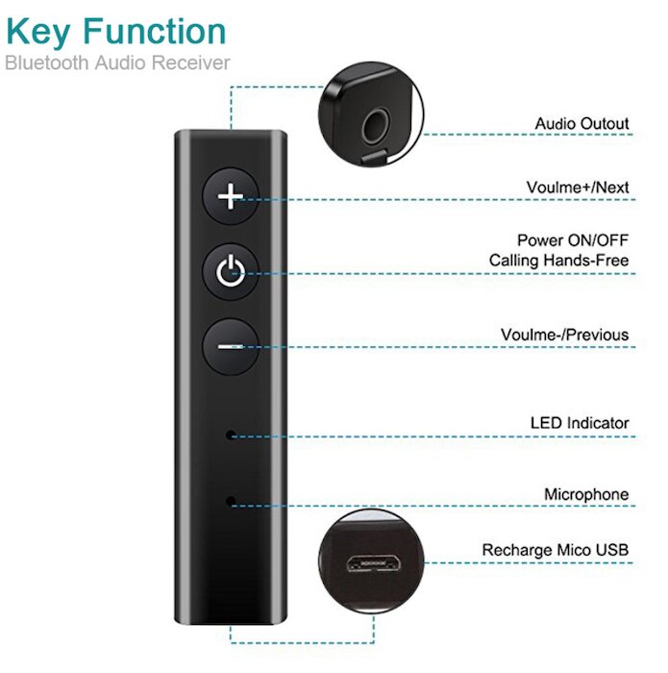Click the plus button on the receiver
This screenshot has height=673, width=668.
coord(231,196)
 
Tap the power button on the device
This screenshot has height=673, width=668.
coord(231,272)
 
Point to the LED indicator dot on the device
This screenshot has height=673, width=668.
coord(231,436)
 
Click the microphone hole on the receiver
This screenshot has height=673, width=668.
coord(231,501)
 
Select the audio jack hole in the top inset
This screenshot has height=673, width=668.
coord(376,127)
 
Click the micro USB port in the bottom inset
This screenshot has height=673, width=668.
coord(373,563)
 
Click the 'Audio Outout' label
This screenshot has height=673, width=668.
coord(581,124)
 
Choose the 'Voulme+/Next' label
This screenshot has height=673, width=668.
coord(578,187)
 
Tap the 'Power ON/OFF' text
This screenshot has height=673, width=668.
coord(573,240)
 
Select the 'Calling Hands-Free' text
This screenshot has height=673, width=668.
coord(559,261)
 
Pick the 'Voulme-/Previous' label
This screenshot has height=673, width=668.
coord(564,335)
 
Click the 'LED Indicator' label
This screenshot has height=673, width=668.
coord(580,423)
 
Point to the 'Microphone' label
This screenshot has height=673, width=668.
coord(586,494)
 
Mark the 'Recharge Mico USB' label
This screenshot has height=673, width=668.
coord(556,550)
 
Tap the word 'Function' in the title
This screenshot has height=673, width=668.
coord(155,31)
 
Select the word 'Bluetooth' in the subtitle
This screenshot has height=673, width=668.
coord(46,62)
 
